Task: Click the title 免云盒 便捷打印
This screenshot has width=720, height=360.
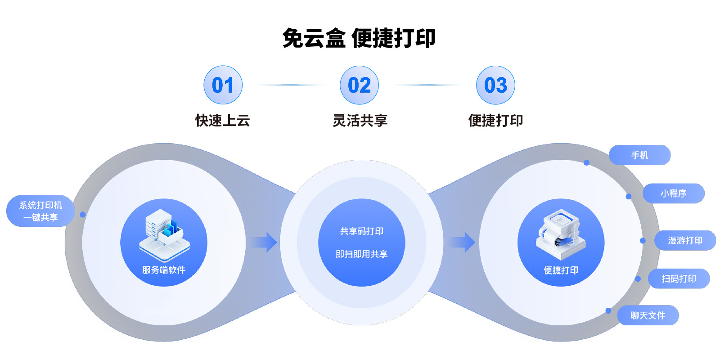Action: click(359, 38)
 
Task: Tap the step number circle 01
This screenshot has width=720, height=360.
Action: click(223, 85)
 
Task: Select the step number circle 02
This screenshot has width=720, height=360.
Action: click(359, 85)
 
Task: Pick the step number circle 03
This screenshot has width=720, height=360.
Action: click(495, 85)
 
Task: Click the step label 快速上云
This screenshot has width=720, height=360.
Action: click(222, 121)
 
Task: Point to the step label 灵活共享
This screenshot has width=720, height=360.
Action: click(360, 121)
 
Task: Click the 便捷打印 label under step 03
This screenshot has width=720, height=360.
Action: click(495, 121)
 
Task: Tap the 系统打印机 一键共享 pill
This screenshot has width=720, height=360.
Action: click(40, 211)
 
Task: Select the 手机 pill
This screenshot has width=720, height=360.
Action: click(639, 155)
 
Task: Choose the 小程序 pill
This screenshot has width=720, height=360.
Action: click(673, 193)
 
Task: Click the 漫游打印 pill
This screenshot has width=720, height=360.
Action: click(685, 241)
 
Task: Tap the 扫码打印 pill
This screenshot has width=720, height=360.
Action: click(679, 279)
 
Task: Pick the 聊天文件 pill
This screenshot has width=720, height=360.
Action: click(648, 315)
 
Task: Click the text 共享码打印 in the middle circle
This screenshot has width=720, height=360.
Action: click(361, 231)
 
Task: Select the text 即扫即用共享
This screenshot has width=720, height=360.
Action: click(361, 254)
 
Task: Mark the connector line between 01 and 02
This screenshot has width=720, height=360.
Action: click(291, 85)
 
